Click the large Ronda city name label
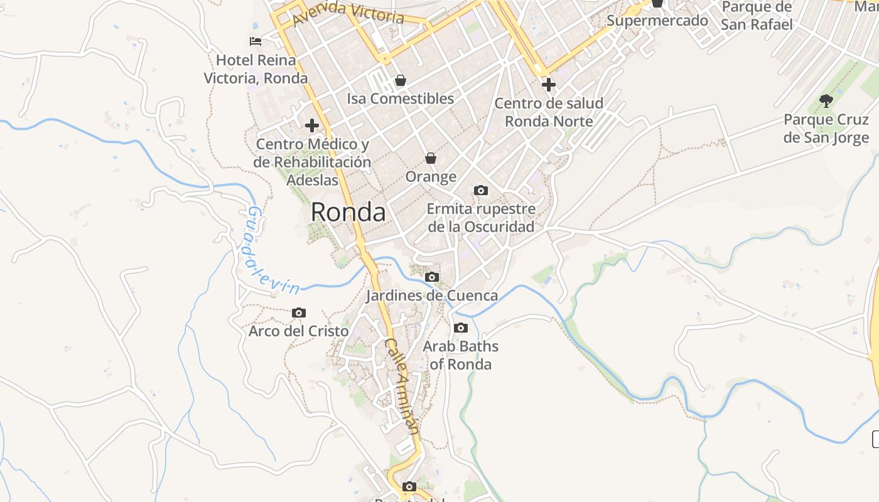[348, 213]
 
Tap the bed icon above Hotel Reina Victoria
[256, 41]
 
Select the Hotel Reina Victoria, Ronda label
[256, 69]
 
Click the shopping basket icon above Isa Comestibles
[400, 80]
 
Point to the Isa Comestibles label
[400, 99]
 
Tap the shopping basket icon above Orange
[431, 158]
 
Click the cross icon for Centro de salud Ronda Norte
[549, 84]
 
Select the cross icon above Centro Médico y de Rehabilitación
[312, 125]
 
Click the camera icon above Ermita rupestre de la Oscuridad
[481, 190]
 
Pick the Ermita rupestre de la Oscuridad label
[481, 217]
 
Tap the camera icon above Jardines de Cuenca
[431, 277]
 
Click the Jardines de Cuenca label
[432, 295]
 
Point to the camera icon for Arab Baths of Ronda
[461, 328]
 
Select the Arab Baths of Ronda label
[461, 355]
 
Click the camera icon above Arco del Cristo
[299, 312]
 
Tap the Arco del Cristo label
[299, 331]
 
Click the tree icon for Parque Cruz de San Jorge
[826, 100]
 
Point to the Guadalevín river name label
[271, 251]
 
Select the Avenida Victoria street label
[348, 13]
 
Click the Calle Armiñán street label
[402, 386]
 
